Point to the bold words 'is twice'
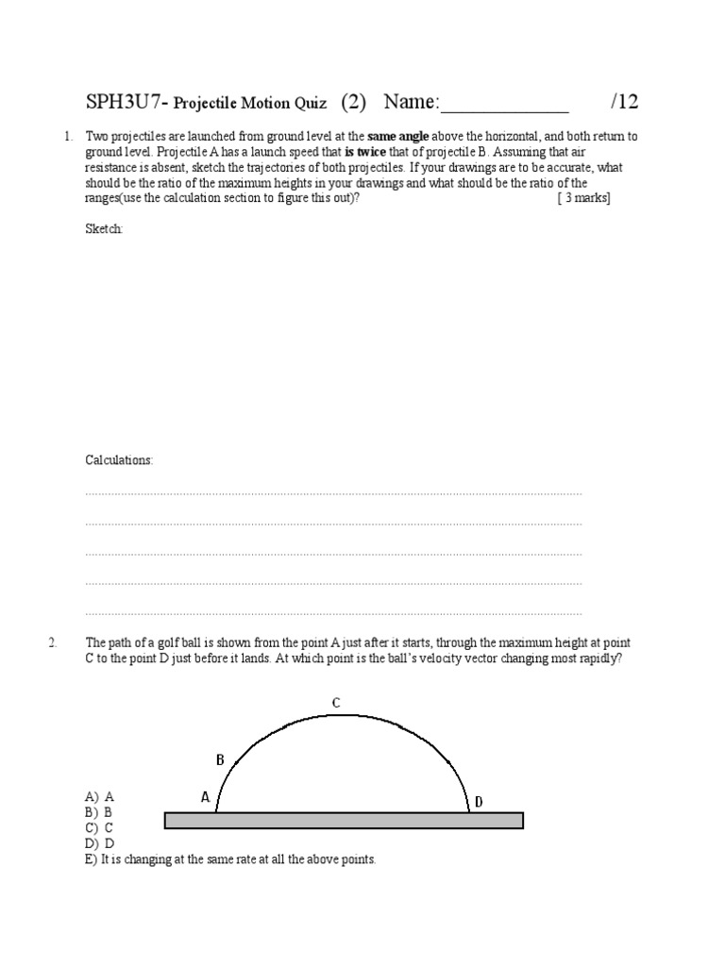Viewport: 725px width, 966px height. (x=364, y=152)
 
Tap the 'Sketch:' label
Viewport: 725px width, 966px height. (x=104, y=229)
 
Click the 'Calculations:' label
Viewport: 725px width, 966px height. (x=119, y=460)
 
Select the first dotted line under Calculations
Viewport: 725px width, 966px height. (x=333, y=493)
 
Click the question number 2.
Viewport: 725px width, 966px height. (x=54, y=643)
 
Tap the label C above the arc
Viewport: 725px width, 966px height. (x=335, y=702)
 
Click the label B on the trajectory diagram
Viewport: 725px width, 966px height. (x=220, y=759)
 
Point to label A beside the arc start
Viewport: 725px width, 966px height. (x=205, y=797)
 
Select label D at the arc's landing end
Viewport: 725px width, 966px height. (x=479, y=802)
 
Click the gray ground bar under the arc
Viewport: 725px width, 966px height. (x=344, y=820)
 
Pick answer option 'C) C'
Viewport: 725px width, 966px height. (x=99, y=827)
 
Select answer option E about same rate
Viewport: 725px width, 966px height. (x=230, y=859)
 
